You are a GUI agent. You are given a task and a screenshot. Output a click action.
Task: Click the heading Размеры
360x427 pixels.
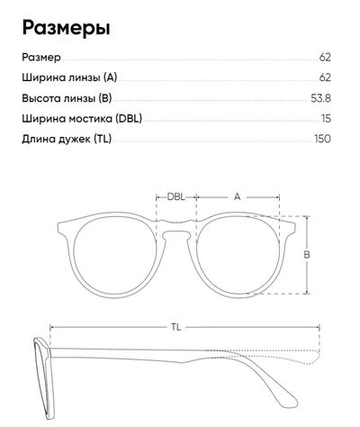pos(66,29)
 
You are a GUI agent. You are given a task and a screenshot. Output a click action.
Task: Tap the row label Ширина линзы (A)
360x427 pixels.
pos(69,77)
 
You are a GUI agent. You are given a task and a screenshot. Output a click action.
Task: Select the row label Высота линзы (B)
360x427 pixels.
pos(67,98)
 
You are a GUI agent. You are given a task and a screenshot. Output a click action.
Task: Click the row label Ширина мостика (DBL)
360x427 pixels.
pos(82,119)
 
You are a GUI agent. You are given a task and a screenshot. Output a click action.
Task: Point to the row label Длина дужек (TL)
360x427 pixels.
pos(67,139)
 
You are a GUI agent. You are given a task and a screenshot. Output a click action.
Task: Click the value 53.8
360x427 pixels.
pos(320,98)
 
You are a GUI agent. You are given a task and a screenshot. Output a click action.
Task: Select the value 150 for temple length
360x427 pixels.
pos(322,139)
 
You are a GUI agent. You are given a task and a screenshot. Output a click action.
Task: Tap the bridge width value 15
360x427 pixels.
pos(326,119)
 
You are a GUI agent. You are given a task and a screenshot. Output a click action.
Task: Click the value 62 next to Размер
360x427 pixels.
pos(325,57)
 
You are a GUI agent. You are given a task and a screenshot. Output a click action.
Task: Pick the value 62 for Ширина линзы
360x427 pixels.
pos(325,77)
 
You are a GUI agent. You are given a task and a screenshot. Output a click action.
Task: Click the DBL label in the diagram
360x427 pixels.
pos(176,197)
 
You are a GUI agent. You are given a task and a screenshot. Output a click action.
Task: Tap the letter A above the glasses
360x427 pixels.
pos(238,197)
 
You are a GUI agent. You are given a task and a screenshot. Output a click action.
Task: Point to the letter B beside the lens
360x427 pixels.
pos(307,255)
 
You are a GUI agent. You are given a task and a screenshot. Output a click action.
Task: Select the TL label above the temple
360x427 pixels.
pos(176,327)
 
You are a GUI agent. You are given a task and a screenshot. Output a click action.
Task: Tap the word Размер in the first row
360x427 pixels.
pos(41,58)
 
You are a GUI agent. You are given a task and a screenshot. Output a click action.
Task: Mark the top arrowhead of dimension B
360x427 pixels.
pos(307,218)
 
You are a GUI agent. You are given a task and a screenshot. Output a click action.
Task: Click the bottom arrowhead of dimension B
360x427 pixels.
pos(307,292)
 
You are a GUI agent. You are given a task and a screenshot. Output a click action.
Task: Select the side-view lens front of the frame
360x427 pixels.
pos(44,378)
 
